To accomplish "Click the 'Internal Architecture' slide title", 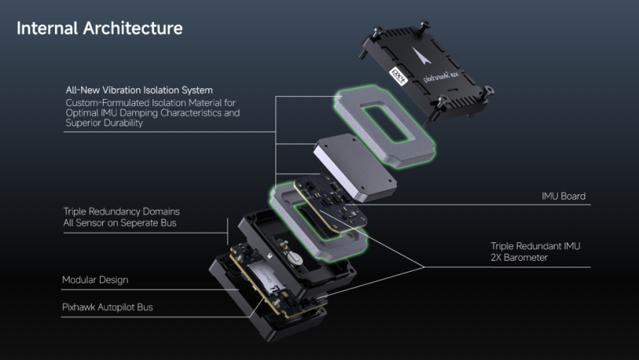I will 100,29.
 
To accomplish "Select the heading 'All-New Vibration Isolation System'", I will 139,91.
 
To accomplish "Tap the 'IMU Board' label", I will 562,197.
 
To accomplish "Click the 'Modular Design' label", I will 95,279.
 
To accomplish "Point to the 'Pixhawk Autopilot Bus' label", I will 108,307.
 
